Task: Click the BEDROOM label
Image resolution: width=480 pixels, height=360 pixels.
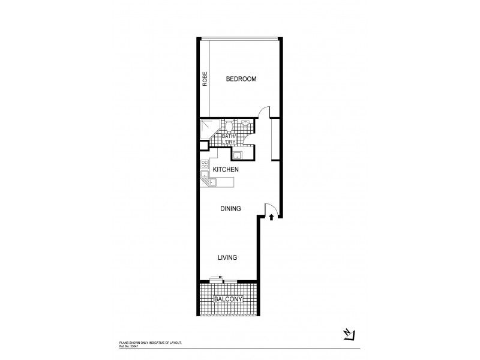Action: tap(241, 79)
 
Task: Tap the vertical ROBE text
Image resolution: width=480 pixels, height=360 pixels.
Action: tap(205, 80)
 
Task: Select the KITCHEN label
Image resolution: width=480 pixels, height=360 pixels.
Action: tap(226, 170)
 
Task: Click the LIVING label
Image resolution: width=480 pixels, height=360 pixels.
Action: tap(227, 257)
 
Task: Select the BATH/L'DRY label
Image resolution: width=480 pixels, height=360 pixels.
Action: tap(229, 139)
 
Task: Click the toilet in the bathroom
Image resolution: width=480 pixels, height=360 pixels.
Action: tap(229, 125)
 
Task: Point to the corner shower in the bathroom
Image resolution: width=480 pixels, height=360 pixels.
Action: tap(209, 128)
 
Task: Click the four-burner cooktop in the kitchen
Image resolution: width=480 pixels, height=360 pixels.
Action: tap(205, 165)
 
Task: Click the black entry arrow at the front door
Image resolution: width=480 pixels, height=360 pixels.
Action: tap(272, 217)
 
